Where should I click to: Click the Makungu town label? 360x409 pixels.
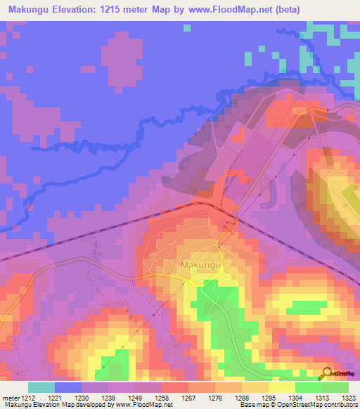[x=202, y=264]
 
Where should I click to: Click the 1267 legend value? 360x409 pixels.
[x=188, y=397]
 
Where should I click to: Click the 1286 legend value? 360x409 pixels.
[x=242, y=397]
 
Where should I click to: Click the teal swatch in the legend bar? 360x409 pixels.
[x=41, y=387]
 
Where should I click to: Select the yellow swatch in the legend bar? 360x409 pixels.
[x=281, y=387]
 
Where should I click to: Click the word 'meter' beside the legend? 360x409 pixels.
[x=10, y=397]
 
